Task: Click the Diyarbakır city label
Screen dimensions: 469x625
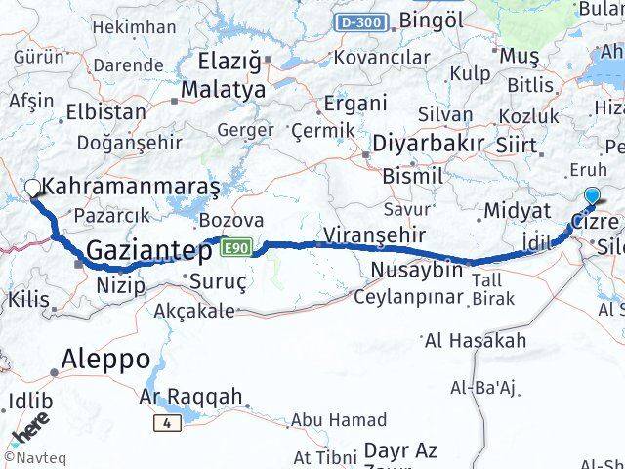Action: point(428,143)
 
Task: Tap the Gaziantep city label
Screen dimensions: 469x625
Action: point(149,251)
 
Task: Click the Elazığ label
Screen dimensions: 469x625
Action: point(230,61)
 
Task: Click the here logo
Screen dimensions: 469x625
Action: point(29,429)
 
